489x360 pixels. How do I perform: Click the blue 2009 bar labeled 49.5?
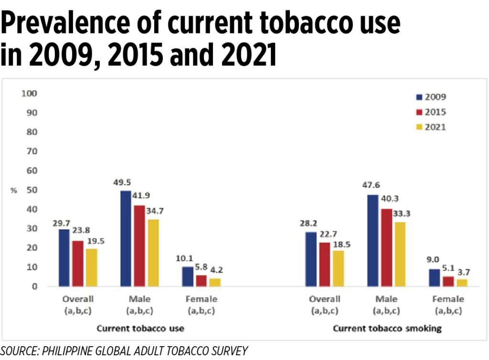tap(125, 238)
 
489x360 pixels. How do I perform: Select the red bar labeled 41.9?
tap(139, 246)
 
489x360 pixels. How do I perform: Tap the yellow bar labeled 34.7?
tap(153, 253)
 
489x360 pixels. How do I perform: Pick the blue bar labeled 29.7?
tap(64, 257)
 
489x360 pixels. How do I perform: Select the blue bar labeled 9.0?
tap(434, 277)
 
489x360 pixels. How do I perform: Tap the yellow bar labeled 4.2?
tap(215, 282)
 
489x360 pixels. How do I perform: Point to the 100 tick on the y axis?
tap(30, 93)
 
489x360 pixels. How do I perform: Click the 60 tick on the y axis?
tap(32, 170)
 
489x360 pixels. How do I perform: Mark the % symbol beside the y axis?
tap(14, 190)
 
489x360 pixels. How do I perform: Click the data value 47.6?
tap(372, 186)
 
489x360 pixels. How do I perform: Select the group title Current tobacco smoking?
tap(387, 328)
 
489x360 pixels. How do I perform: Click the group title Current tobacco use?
tap(140, 328)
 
